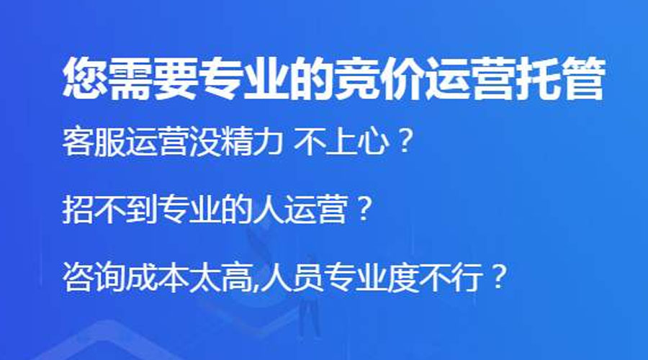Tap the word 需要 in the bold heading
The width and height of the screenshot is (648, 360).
pyautogui.click(x=153, y=78)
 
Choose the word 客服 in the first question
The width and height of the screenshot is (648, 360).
pyautogui.click(x=94, y=142)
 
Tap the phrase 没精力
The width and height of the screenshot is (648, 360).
pyautogui.click(x=236, y=142)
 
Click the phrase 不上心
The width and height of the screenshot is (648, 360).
pyautogui.click(x=341, y=142)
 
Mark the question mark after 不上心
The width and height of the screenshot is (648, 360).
pyautogui.click(x=403, y=141)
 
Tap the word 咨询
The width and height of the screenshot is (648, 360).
pyautogui.click(x=94, y=277)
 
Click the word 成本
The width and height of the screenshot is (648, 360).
pyautogui.click(x=158, y=277)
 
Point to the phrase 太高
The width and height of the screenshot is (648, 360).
pyautogui.click(x=220, y=277)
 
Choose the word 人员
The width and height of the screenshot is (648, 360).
pyautogui.click(x=292, y=277)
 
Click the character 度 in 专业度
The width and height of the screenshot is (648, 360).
pyautogui.click(x=402, y=277)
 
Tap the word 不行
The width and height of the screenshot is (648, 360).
pyautogui.click(x=449, y=277)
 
